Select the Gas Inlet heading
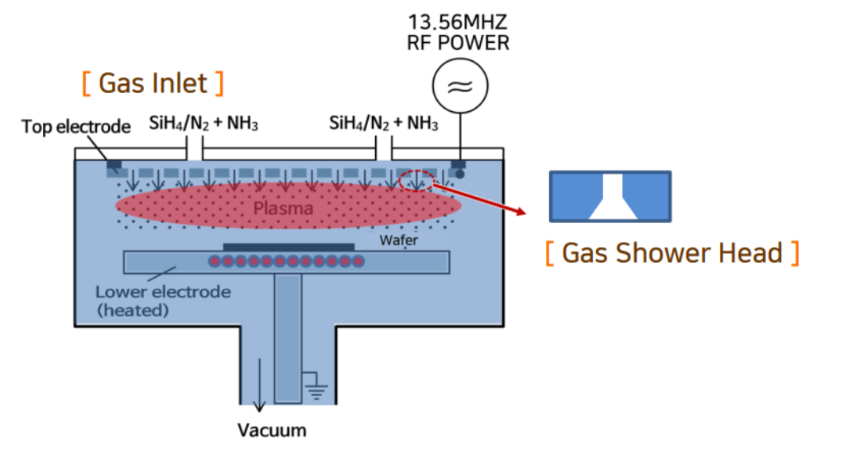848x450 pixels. coord(153,83)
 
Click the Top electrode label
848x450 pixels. coord(76,126)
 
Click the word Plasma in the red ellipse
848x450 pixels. coord(283,208)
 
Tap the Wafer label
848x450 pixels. coord(399,238)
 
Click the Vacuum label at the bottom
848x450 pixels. coord(273,431)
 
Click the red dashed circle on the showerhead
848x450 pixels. coord(416,181)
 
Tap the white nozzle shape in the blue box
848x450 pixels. coord(610,198)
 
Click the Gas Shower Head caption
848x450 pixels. coord(672,252)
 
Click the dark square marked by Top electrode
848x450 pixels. coord(114,167)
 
